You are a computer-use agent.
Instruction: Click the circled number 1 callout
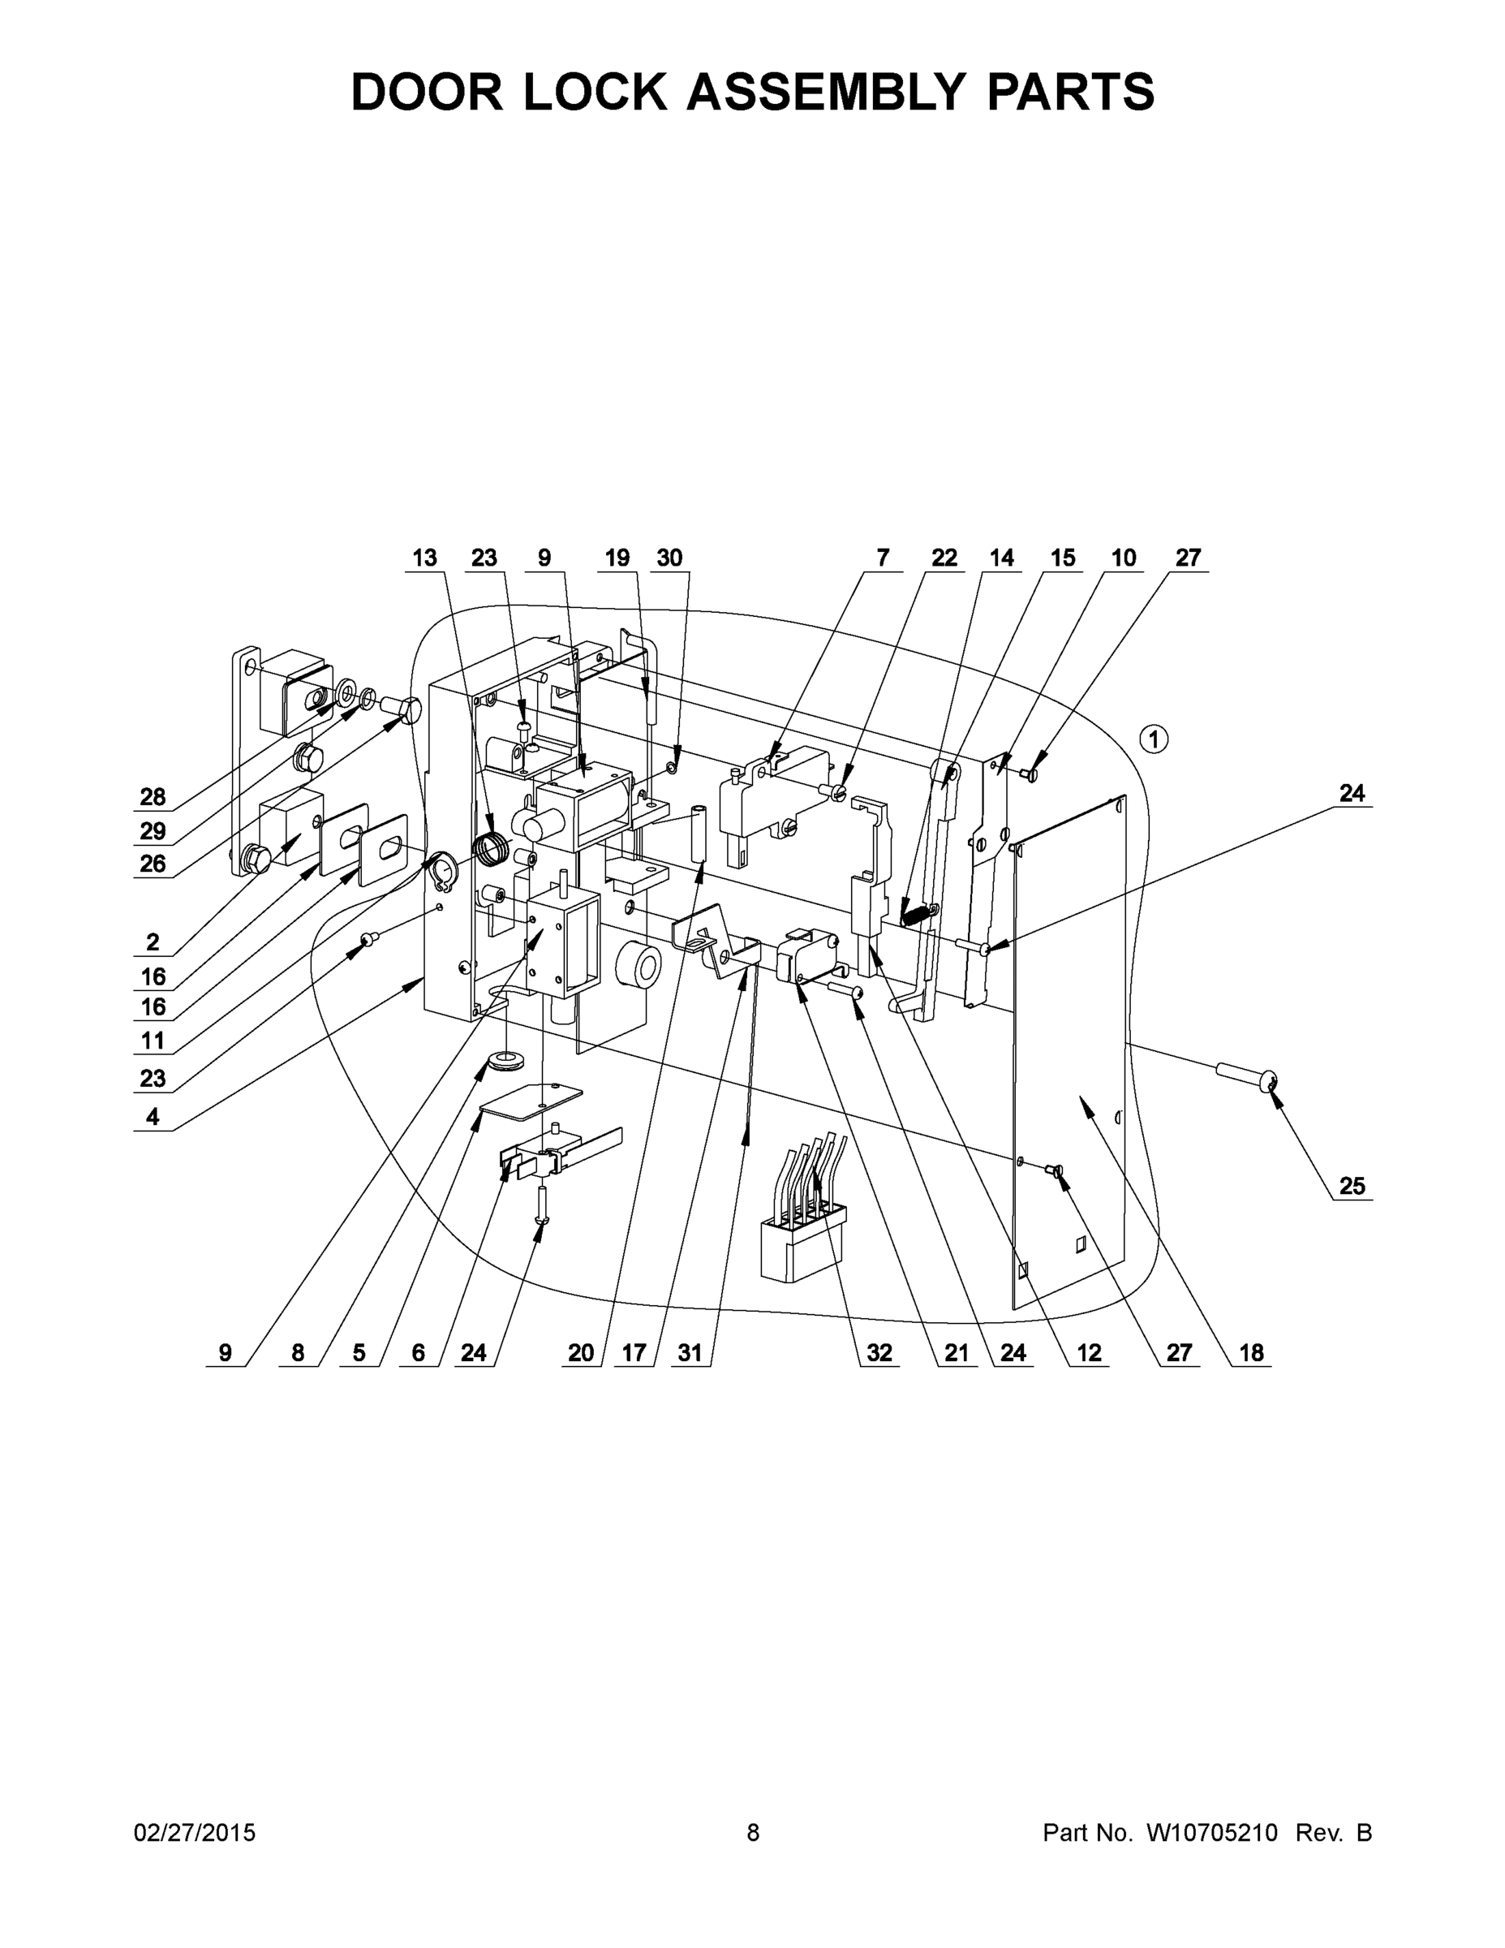[1154, 739]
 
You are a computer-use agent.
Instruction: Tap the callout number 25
[1352, 1185]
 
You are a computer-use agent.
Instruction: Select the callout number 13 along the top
[424, 558]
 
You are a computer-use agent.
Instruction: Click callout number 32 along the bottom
[879, 1353]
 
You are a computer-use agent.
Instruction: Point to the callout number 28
[153, 796]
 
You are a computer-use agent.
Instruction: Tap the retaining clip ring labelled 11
[441, 868]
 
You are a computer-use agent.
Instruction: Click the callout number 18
[1251, 1353]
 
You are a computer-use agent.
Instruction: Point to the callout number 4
[153, 1117]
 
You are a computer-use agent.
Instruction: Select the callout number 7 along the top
[883, 558]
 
